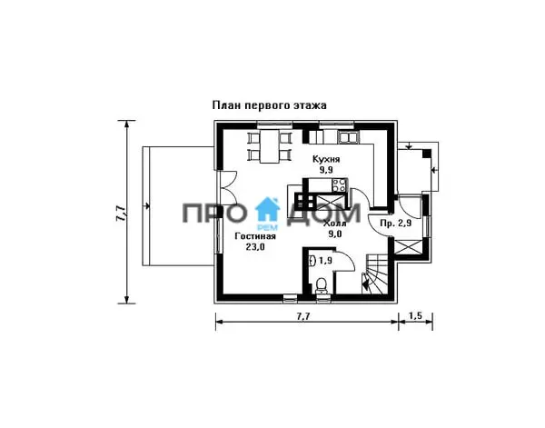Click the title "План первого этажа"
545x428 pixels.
(x=270, y=105)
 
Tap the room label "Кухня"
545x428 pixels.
(x=326, y=160)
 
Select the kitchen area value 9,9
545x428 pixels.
(x=326, y=170)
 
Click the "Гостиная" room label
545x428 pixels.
(x=255, y=236)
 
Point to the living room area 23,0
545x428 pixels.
(x=255, y=247)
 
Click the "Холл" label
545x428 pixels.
(x=334, y=224)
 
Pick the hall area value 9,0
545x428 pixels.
(x=334, y=234)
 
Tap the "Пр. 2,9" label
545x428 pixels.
(x=395, y=224)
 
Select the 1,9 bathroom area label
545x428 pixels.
(x=324, y=261)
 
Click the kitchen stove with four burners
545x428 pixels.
(x=339, y=185)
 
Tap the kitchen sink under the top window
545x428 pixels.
(x=348, y=137)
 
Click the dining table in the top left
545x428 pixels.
(x=270, y=146)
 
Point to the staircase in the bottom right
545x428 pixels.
(x=375, y=274)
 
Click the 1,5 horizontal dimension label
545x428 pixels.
(x=415, y=315)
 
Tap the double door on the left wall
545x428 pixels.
(x=228, y=189)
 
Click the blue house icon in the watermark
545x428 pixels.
(x=267, y=209)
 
